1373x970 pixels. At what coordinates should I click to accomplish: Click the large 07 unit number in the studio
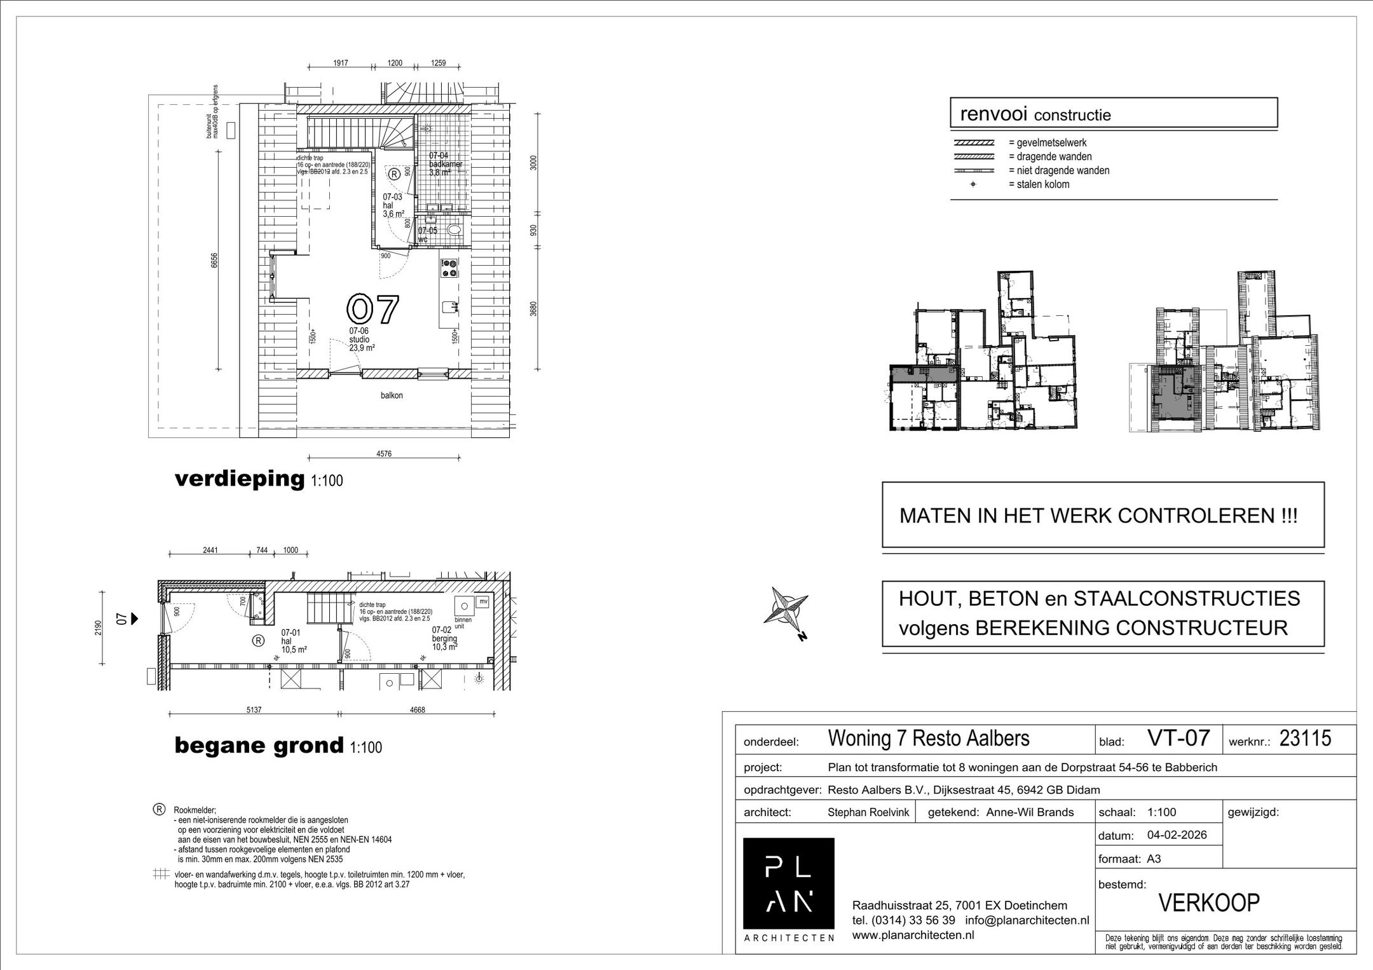[373, 309]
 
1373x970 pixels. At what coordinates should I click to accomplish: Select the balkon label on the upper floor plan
[392, 395]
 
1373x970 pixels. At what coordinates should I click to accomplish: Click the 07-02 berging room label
[444, 638]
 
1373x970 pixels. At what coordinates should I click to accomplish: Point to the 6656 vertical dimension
[215, 260]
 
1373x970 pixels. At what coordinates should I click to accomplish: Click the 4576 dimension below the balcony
[383, 454]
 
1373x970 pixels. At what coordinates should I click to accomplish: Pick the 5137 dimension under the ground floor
[254, 710]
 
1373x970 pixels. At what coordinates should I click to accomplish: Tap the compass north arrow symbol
[786, 608]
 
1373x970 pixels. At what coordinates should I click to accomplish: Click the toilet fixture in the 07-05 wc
[453, 230]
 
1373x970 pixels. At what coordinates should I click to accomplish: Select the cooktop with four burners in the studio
[449, 268]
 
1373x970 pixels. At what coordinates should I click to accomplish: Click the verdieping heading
[240, 479]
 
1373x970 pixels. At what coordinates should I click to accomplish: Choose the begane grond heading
[259, 745]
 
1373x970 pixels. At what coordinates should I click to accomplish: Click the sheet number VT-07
[1178, 738]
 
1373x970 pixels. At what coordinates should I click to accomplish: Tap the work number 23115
[1305, 738]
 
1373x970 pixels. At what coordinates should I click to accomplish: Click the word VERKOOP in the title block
[1209, 903]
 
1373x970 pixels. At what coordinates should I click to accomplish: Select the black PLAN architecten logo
[788, 883]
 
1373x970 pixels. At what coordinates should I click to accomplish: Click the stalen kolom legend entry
[1038, 184]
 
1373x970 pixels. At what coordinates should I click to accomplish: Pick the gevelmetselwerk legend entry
[1047, 143]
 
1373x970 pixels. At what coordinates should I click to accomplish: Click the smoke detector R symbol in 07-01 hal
[258, 641]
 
